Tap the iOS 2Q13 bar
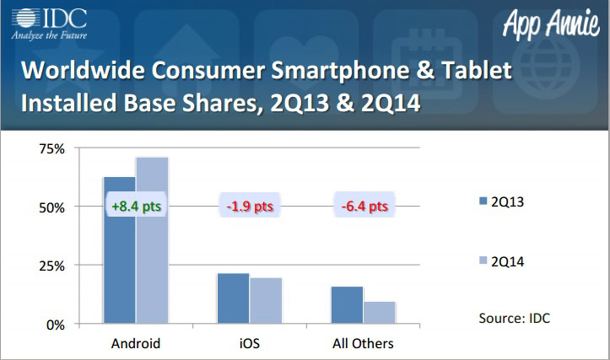[x=233, y=298]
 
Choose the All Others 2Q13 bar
[x=347, y=305]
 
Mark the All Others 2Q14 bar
[x=379, y=313]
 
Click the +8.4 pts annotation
[x=136, y=207]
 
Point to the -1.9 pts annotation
[x=250, y=207]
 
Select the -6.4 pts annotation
[x=364, y=207]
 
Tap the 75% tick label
[x=52, y=148]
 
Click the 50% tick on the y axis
[x=52, y=207]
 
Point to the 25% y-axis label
[x=52, y=266]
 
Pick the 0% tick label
[x=56, y=325]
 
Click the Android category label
[x=136, y=344]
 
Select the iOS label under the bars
[x=250, y=344]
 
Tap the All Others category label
[x=364, y=344]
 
